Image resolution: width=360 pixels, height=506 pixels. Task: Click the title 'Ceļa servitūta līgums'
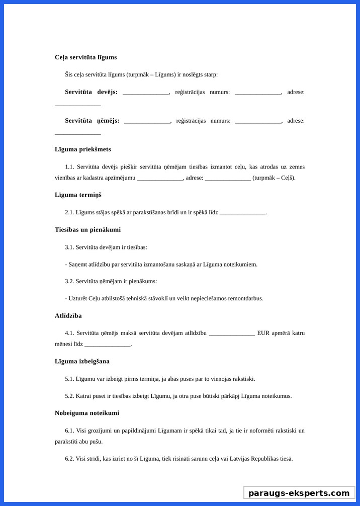tap(85, 57)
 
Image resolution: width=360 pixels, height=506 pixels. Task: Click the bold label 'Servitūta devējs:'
tap(91, 92)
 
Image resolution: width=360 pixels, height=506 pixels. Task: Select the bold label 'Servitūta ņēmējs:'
tap(92, 121)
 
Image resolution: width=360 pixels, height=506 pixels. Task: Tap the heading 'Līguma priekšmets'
tap(83, 149)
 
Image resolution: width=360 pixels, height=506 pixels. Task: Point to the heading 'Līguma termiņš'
tap(78, 195)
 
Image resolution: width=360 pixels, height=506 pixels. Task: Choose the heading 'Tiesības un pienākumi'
tap(87, 230)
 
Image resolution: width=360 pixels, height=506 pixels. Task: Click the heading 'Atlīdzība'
tap(68, 316)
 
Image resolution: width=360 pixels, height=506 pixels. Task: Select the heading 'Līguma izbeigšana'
tap(82, 361)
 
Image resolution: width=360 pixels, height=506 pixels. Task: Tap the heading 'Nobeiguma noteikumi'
tap(87, 413)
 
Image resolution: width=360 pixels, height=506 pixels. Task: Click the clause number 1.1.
tap(69, 167)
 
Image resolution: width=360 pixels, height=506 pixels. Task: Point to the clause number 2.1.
tap(69, 213)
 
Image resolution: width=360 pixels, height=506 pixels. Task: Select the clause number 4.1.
tap(69, 333)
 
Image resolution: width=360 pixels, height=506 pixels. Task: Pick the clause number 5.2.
tap(69, 396)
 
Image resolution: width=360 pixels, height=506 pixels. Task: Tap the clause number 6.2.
tap(69, 459)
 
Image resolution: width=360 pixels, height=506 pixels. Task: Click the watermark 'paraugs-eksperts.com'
tap(299, 493)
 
